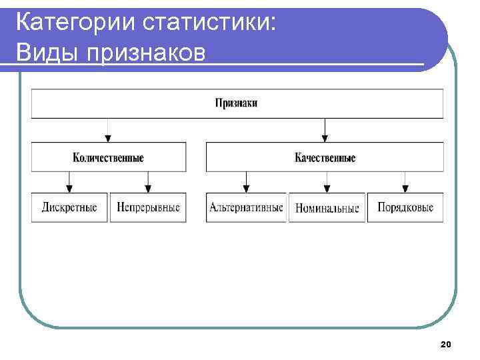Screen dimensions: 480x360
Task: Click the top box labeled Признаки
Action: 237,103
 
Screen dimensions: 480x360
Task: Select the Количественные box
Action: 108,158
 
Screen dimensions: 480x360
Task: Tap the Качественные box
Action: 325,158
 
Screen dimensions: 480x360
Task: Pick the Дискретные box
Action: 69,207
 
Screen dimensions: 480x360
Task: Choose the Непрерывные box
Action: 148,207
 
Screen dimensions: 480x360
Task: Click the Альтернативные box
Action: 246,207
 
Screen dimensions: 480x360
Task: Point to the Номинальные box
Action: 327,208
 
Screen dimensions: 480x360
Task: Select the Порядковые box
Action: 405,207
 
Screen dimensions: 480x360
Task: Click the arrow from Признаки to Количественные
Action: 108,130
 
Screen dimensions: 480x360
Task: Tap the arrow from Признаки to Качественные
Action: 325,130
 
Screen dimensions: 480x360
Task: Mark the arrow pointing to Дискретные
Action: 69,182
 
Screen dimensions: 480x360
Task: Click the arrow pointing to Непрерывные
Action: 148,182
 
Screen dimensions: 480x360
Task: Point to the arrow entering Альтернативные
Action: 246,182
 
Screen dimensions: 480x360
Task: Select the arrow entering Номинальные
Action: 326,182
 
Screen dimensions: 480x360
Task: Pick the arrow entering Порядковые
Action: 405,182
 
